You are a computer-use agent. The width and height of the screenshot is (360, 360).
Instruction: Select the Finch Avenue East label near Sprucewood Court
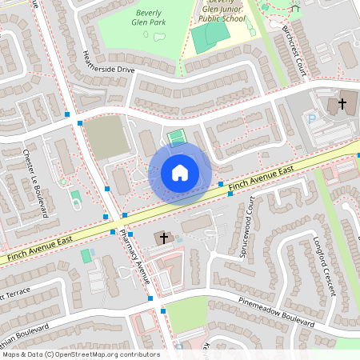[261, 179]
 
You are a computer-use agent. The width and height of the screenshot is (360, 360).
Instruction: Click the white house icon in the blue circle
[180, 172]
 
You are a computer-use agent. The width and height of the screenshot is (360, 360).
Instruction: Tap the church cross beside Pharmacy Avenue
[163, 238]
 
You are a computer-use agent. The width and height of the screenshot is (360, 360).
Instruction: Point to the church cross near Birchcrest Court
[342, 103]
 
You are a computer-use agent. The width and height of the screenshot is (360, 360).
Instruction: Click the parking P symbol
[312, 119]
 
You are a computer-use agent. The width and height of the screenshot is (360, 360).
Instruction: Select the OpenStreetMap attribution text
[81, 354]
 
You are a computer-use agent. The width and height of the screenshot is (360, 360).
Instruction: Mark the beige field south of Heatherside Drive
[106, 137]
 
